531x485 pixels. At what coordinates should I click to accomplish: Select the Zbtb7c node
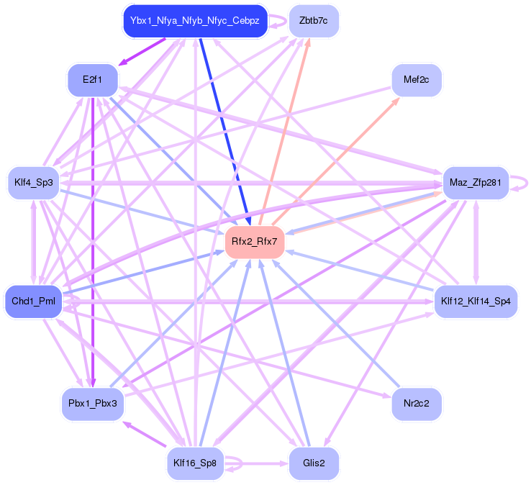pos(314,21)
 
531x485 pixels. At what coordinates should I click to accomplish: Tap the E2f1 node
pos(92,79)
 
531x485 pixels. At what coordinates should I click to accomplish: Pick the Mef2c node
pos(417,79)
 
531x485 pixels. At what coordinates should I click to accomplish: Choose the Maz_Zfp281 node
pos(475,183)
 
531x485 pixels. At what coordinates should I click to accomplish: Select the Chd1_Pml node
pos(33,301)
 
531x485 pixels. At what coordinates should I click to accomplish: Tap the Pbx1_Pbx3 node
pos(92,404)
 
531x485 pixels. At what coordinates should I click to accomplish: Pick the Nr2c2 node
pos(417,404)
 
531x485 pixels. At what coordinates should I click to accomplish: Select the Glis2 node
pos(314,463)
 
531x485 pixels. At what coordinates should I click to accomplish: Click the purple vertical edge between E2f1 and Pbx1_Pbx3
pos(91,237)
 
